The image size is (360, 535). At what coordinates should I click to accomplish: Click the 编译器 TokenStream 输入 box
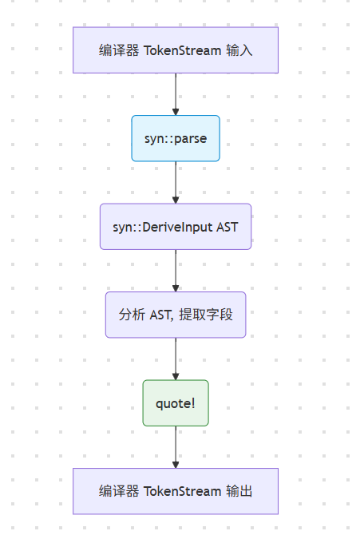click(x=176, y=50)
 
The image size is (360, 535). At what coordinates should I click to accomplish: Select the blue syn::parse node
click(x=176, y=138)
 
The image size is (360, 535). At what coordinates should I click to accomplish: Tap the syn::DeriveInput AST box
click(x=176, y=226)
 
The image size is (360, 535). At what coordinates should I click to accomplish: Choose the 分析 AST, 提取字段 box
click(x=176, y=314)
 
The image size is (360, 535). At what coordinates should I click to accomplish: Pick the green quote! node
click(x=176, y=402)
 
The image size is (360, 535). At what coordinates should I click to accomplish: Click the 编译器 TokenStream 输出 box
click(x=176, y=490)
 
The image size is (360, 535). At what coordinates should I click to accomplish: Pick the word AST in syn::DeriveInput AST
click(x=227, y=227)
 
